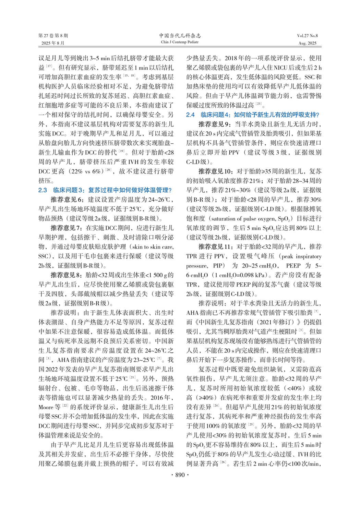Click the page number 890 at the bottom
click(180, 475)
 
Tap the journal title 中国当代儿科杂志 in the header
click(180, 36)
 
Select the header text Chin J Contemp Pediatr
click(180, 42)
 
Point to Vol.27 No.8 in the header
click(307, 36)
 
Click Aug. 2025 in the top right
click(307, 43)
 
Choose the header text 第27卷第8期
click(53, 36)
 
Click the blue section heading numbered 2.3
click(105, 190)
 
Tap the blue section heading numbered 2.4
click(253, 115)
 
